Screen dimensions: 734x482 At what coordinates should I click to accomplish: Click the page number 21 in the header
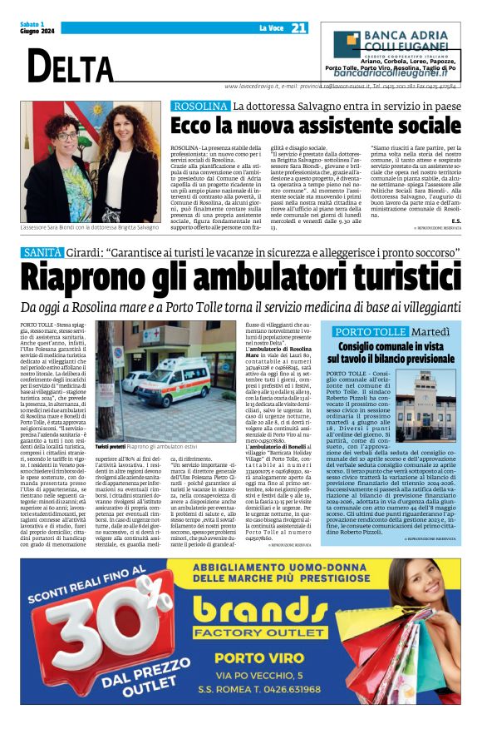click(299, 28)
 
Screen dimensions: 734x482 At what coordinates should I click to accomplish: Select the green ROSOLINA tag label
click(199, 107)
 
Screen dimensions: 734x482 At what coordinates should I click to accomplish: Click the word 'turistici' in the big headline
click(397, 275)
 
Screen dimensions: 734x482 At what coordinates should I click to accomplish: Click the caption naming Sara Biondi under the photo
click(89, 228)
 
